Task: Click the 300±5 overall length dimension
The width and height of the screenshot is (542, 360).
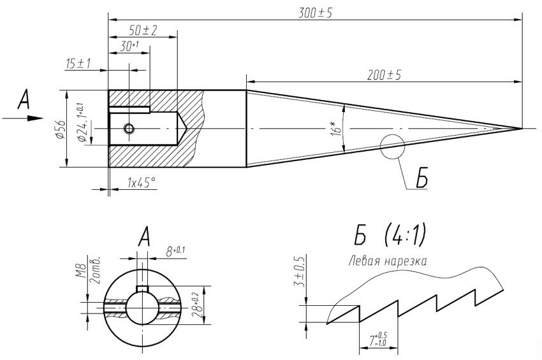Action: (315, 12)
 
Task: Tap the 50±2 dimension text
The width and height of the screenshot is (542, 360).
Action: (143, 31)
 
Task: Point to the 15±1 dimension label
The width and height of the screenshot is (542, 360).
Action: (78, 64)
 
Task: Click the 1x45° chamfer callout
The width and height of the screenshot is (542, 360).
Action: (141, 183)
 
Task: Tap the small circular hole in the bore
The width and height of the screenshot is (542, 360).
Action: (129, 129)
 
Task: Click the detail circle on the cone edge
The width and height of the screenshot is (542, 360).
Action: (392, 147)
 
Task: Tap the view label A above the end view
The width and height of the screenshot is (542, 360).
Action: (143, 239)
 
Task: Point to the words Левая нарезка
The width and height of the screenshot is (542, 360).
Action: (387, 261)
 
